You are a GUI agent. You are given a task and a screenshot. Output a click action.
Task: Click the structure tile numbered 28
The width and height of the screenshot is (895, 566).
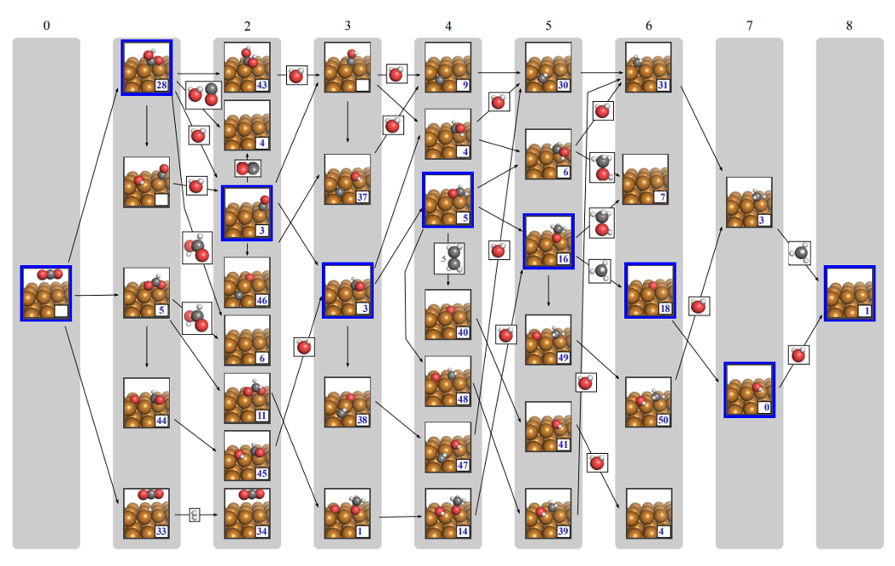tap(147, 67)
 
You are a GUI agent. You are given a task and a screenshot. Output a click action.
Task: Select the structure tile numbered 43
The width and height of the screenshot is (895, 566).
tap(247, 67)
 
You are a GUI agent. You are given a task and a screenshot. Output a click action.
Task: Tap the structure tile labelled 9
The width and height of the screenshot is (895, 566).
tap(448, 67)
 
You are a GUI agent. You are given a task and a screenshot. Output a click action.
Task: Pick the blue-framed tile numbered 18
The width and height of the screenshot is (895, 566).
tap(650, 291)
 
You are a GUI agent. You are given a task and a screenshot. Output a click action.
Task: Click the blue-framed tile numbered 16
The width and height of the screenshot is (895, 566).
tap(549, 241)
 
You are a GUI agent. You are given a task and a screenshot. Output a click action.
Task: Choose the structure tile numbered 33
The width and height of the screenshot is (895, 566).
tap(147, 513)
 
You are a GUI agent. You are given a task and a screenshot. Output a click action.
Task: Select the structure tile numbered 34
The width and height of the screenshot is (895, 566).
tap(247, 513)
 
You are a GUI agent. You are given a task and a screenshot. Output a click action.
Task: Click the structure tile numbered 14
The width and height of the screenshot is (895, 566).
tap(448, 513)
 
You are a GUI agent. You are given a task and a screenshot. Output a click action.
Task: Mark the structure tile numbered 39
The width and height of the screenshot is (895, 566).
tap(549, 513)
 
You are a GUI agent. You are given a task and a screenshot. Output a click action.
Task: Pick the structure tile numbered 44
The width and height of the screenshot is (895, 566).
tap(147, 403)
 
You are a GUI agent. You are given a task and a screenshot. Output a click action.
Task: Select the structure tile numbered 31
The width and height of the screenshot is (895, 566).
tap(649, 67)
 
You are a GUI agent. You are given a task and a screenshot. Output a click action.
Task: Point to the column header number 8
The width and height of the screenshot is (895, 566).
tap(849, 25)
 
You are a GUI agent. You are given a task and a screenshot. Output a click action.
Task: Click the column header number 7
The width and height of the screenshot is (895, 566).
tap(749, 25)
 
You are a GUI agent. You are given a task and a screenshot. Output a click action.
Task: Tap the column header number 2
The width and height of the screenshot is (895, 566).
tap(247, 25)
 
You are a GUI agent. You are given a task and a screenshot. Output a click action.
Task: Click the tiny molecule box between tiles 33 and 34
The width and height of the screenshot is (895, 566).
tap(194, 514)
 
